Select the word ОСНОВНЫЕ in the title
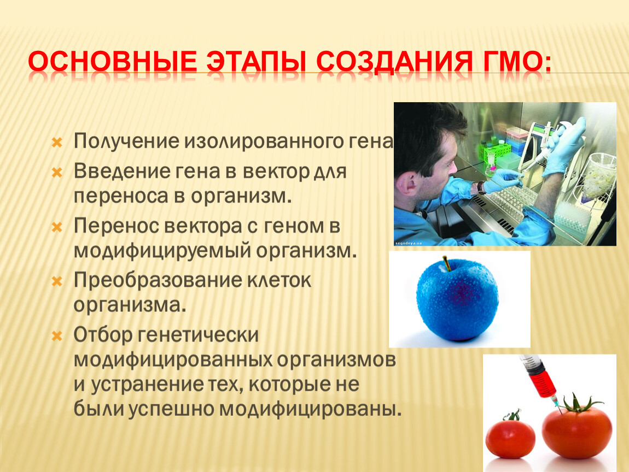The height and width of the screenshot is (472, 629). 112,62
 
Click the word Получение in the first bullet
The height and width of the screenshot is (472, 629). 126,141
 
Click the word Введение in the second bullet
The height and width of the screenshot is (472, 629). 122,171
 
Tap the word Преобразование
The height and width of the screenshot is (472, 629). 158,280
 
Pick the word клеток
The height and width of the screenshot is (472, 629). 279,280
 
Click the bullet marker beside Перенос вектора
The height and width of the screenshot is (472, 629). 57,228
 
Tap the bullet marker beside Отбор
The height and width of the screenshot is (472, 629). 57,336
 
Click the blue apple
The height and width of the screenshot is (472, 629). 457,301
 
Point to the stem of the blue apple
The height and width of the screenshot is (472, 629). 446,263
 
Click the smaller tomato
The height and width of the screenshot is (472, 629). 510,435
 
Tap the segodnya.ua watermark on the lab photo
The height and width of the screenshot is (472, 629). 409,243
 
